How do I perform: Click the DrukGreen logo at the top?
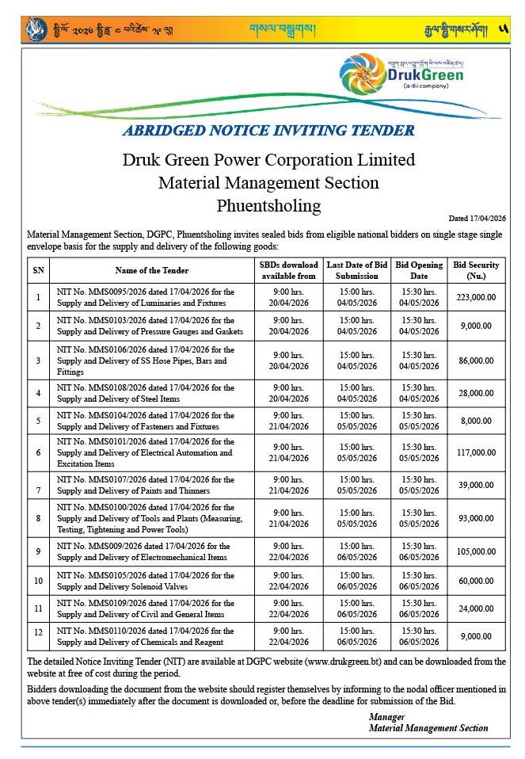[x=402, y=74]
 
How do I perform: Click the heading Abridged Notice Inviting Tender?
[x=268, y=131]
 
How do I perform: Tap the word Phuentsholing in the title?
[x=268, y=206]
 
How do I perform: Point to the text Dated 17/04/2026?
[x=477, y=219]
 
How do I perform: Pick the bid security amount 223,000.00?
[x=476, y=297]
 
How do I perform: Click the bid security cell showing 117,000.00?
[x=476, y=452]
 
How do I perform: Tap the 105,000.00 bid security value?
[x=476, y=551]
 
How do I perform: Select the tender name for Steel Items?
[x=146, y=393]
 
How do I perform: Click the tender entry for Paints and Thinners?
[x=146, y=485]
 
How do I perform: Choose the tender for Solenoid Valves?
[x=146, y=581]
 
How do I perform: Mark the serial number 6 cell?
[x=38, y=452]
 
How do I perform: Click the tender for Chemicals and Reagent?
[x=146, y=636]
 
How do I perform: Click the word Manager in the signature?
[x=386, y=716]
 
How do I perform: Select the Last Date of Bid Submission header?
[x=357, y=270]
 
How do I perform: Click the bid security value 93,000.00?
[x=476, y=518]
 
